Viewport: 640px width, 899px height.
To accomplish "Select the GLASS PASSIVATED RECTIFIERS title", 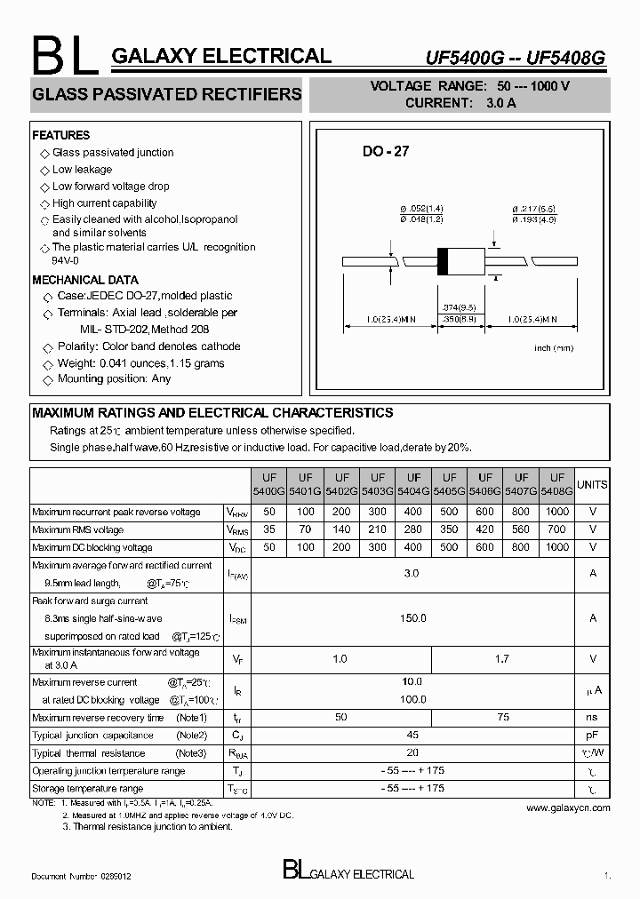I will click(x=166, y=94).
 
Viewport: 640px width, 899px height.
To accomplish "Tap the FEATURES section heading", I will click(x=60, y=135).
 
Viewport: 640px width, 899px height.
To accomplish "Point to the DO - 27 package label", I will click(x=385, y=152).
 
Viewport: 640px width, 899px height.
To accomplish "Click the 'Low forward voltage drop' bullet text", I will click(x=110, y=187).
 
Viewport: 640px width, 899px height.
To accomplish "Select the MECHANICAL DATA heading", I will click(x=84, y=280).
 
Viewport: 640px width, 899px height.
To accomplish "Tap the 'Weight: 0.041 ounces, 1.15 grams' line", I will click(x=140, y=363).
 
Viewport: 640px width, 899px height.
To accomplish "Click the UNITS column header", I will click(x=592, y=485).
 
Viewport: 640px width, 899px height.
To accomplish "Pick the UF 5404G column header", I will click(x=413, y=484).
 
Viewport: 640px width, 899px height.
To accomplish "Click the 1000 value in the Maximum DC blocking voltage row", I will click(x=557, y=547).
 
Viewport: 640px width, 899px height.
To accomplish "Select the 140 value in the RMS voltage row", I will click(x=341, y=529).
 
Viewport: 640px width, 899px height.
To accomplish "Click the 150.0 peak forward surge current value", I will click(x=412, y=617).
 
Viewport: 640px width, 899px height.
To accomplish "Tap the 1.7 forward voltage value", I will click(x=501, y=659).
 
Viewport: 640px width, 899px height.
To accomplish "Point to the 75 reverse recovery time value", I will click(x=501, y=717).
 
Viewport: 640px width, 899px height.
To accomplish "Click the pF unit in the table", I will click(x=592, y=735).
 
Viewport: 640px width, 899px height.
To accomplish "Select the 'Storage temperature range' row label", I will click(x=87, y=788).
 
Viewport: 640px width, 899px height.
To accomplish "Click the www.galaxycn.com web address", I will click(x=568, y=808).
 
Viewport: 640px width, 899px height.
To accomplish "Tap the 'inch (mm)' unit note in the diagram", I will click(x=554, y=348).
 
